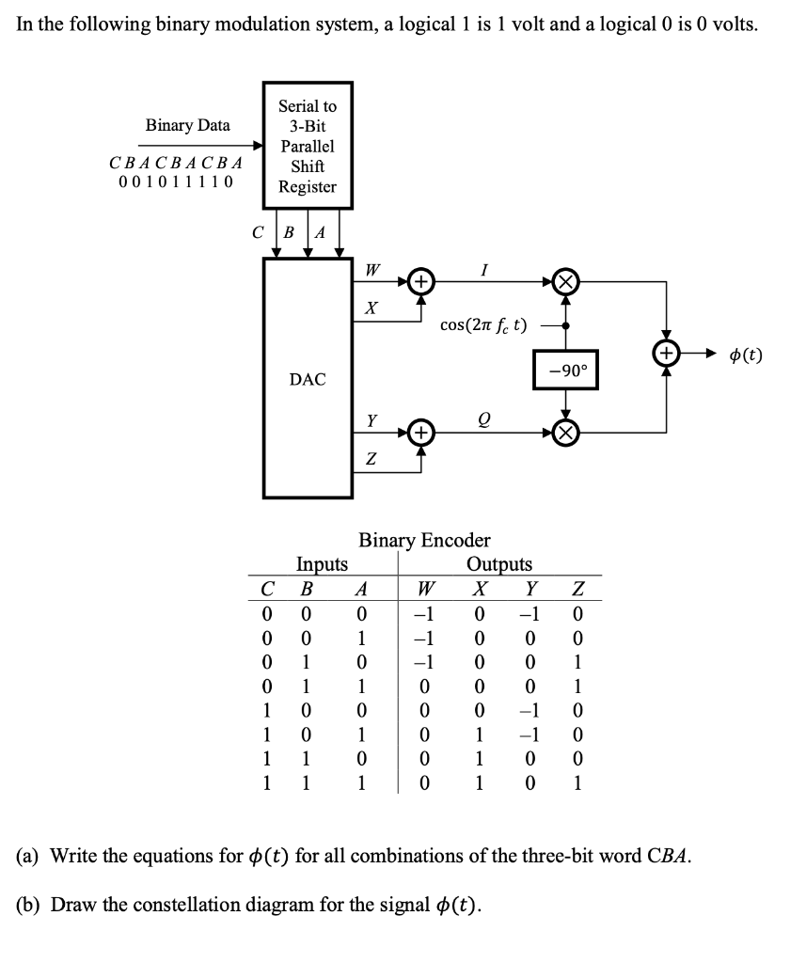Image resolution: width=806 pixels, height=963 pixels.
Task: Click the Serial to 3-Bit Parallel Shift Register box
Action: (308, 146)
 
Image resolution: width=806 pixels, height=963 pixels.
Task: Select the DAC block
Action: (308, 378)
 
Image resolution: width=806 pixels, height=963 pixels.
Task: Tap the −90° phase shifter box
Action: (565, 370)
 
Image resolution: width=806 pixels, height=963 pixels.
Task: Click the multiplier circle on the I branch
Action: (565, 281)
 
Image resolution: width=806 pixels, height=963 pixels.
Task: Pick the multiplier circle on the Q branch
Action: (565, 433)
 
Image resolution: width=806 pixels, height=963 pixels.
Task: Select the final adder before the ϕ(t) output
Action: (667, 355)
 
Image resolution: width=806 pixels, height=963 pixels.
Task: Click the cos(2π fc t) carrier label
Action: (483, 325)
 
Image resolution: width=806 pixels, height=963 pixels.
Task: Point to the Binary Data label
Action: (187, 125)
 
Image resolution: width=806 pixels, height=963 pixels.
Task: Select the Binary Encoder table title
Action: (424, 540)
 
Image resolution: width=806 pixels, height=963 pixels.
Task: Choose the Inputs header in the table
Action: (322, 564)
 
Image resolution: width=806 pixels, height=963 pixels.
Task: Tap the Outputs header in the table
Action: (498, 564)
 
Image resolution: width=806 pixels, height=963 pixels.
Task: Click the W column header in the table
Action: (425, 590)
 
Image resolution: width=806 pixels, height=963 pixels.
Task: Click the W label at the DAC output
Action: (372, 270)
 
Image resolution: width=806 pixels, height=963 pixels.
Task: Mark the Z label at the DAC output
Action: (371, 459)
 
